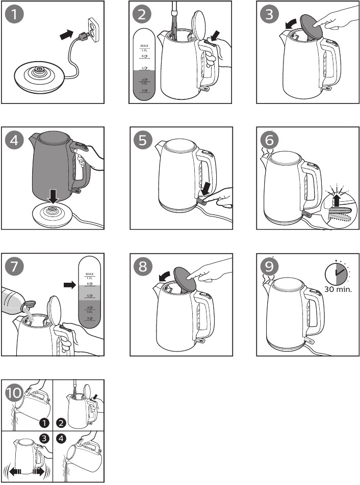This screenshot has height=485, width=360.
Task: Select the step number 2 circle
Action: click(143, 15)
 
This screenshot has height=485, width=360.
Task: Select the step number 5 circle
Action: click(143, 141)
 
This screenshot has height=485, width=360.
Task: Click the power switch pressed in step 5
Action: click(201, 201)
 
